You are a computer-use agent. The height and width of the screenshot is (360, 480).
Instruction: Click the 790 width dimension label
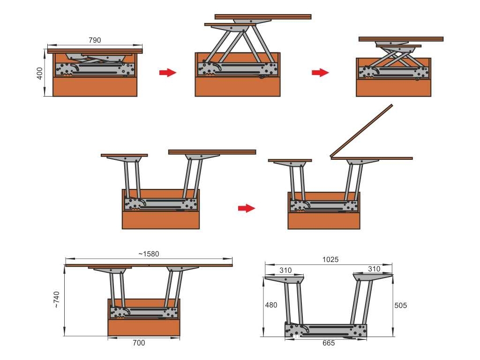95,40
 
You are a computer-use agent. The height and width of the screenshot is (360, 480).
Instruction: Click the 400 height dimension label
40,74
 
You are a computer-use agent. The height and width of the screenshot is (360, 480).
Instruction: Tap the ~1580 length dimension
149,254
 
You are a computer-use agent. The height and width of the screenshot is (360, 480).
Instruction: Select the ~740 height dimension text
56,300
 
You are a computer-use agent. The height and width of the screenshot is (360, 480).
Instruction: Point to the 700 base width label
139,343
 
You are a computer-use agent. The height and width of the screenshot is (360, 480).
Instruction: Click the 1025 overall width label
330,260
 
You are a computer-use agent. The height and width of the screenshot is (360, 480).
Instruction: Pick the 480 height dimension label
271,305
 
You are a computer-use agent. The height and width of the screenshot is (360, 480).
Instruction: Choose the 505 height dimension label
400,305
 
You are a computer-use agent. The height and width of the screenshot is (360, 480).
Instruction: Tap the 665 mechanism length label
329,343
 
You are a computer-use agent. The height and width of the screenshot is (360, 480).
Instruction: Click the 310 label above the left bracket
285,270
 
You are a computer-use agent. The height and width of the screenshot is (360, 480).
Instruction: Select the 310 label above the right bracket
374,269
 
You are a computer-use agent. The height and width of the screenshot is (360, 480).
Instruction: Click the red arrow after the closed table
168,73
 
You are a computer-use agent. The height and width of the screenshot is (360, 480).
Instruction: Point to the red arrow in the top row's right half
320,73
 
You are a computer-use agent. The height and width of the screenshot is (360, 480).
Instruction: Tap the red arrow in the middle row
247,208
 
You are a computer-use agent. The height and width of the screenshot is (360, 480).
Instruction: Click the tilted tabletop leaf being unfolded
361,130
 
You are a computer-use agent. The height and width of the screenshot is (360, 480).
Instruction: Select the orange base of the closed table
95,87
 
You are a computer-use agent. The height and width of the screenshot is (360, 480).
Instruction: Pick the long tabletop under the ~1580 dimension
149,265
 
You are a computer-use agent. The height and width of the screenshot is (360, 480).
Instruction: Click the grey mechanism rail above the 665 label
326,330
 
